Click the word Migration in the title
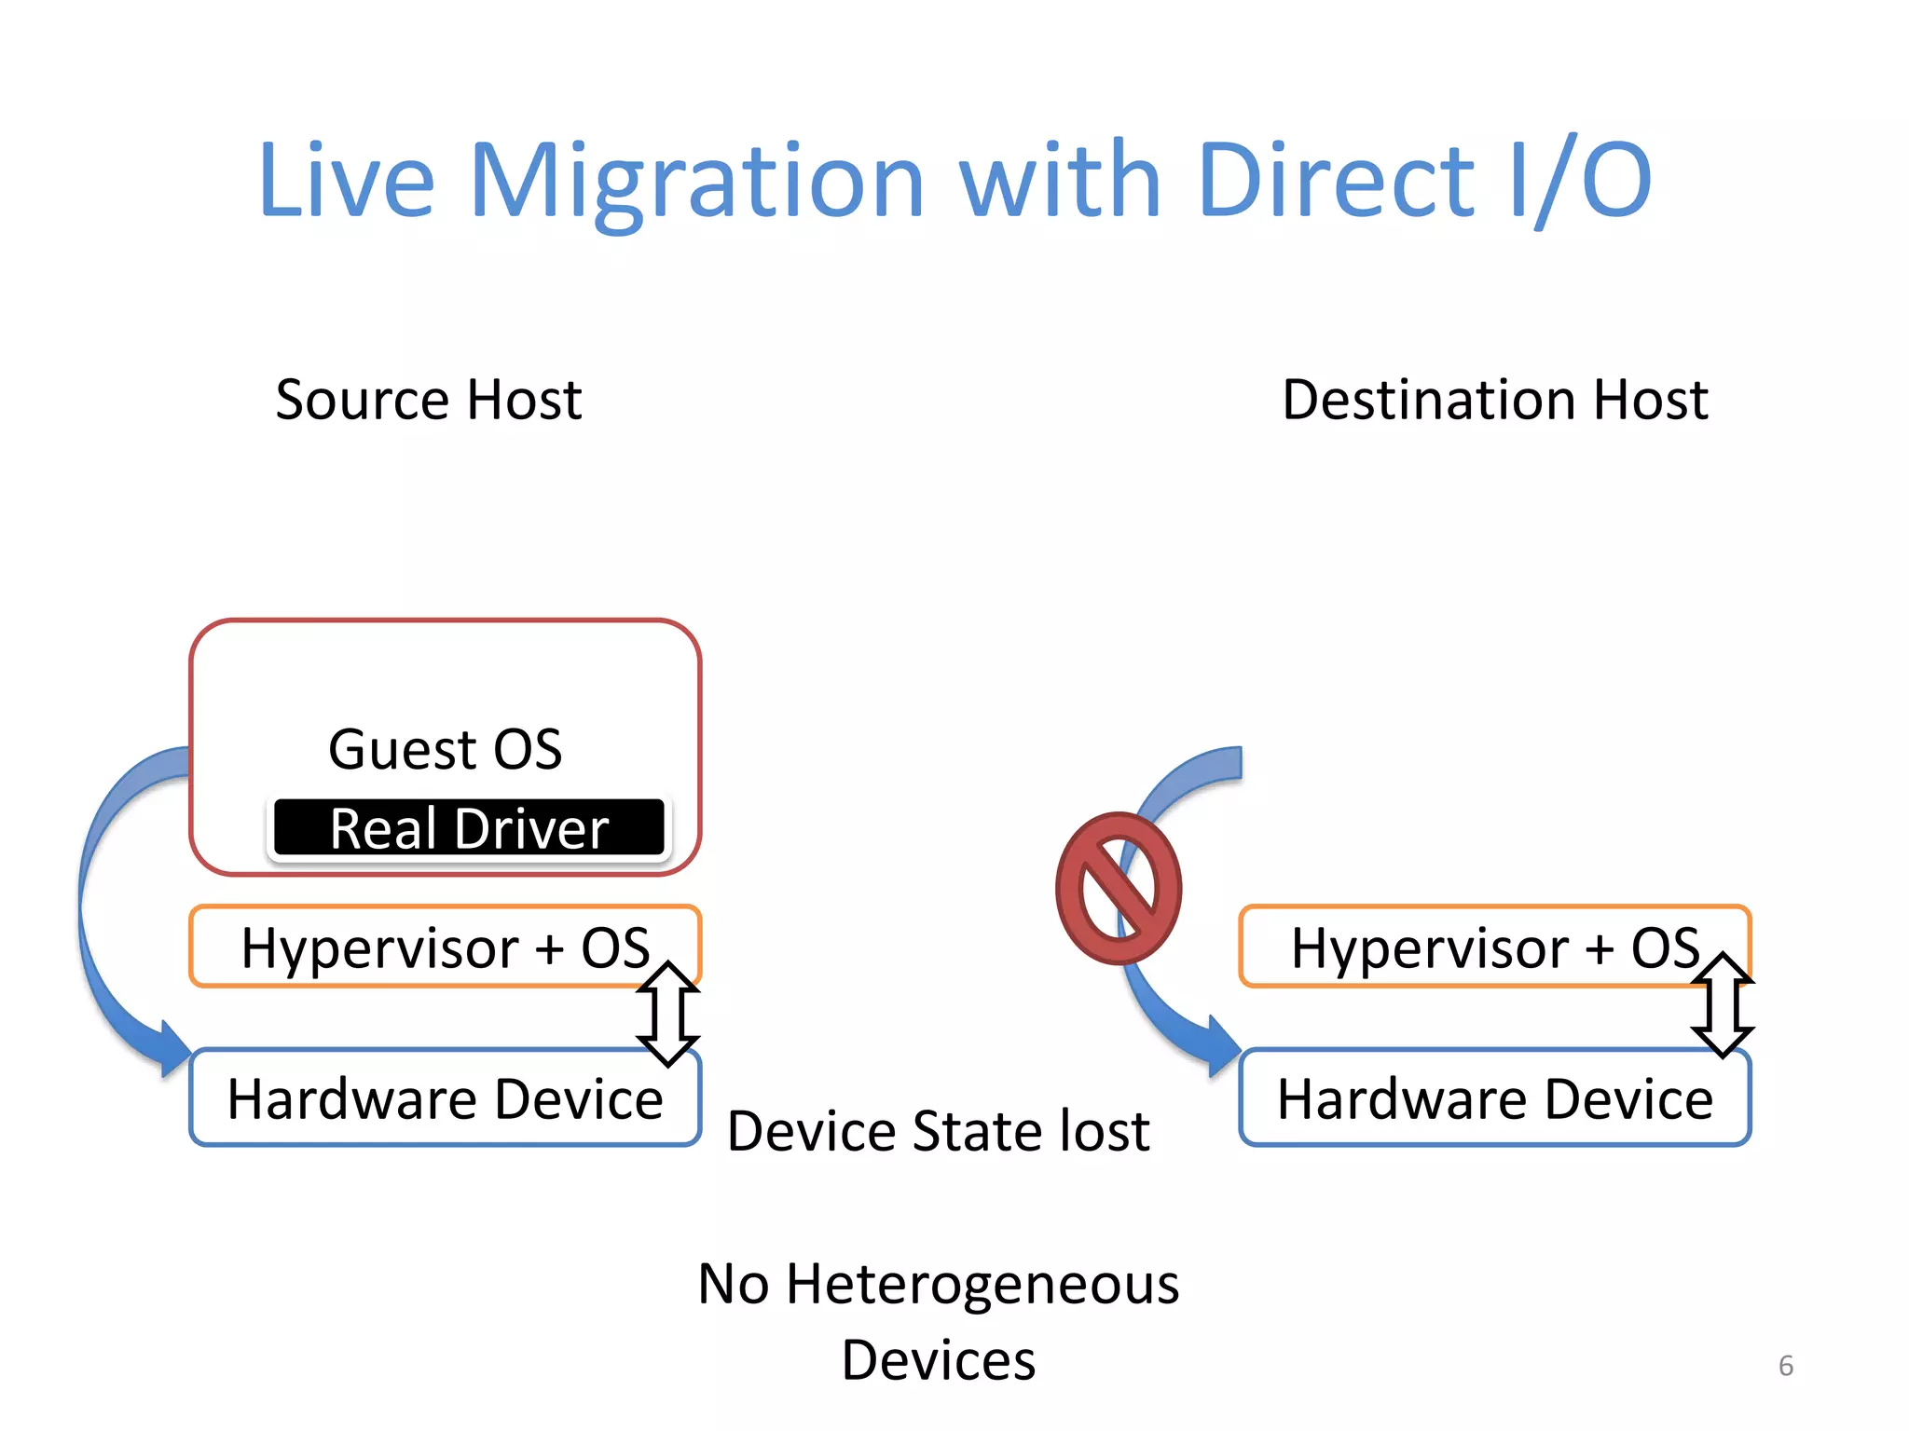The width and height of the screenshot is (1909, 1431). [x=697, y=182]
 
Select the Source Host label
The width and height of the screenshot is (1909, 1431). [x=429, y=400]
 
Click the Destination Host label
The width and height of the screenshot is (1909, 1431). [x=1494, y=400]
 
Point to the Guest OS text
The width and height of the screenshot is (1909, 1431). [x=445, y=749]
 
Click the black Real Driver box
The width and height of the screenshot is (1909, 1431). [x=469, y=828]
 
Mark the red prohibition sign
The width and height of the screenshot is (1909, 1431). [x=1118, y=888]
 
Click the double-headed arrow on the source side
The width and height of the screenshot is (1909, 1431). [x=668, y=1014]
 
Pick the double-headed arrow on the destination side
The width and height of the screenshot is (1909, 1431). [x=1723, y=1004]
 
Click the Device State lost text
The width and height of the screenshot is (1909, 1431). [x=938, y=1131]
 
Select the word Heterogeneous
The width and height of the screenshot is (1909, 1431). [x=982, y=1284]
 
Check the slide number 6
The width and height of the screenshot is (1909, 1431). [x=1786, y=1366]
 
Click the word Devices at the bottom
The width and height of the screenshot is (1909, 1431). [x=938, y=1360]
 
